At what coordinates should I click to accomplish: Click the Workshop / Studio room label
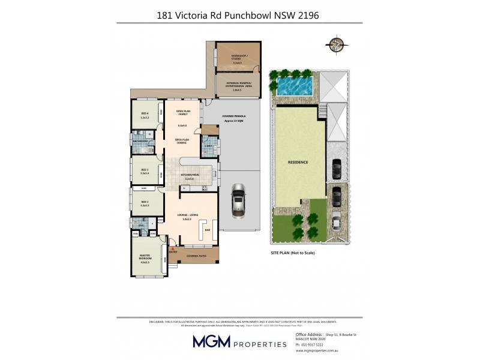[238, 58]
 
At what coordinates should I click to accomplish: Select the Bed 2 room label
[145, 203]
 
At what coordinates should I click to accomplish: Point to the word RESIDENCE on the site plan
[298, 163]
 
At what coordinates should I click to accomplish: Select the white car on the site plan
[336, 222]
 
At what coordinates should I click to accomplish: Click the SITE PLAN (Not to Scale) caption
[293, 253]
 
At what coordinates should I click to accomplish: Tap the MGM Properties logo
[239, 341]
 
